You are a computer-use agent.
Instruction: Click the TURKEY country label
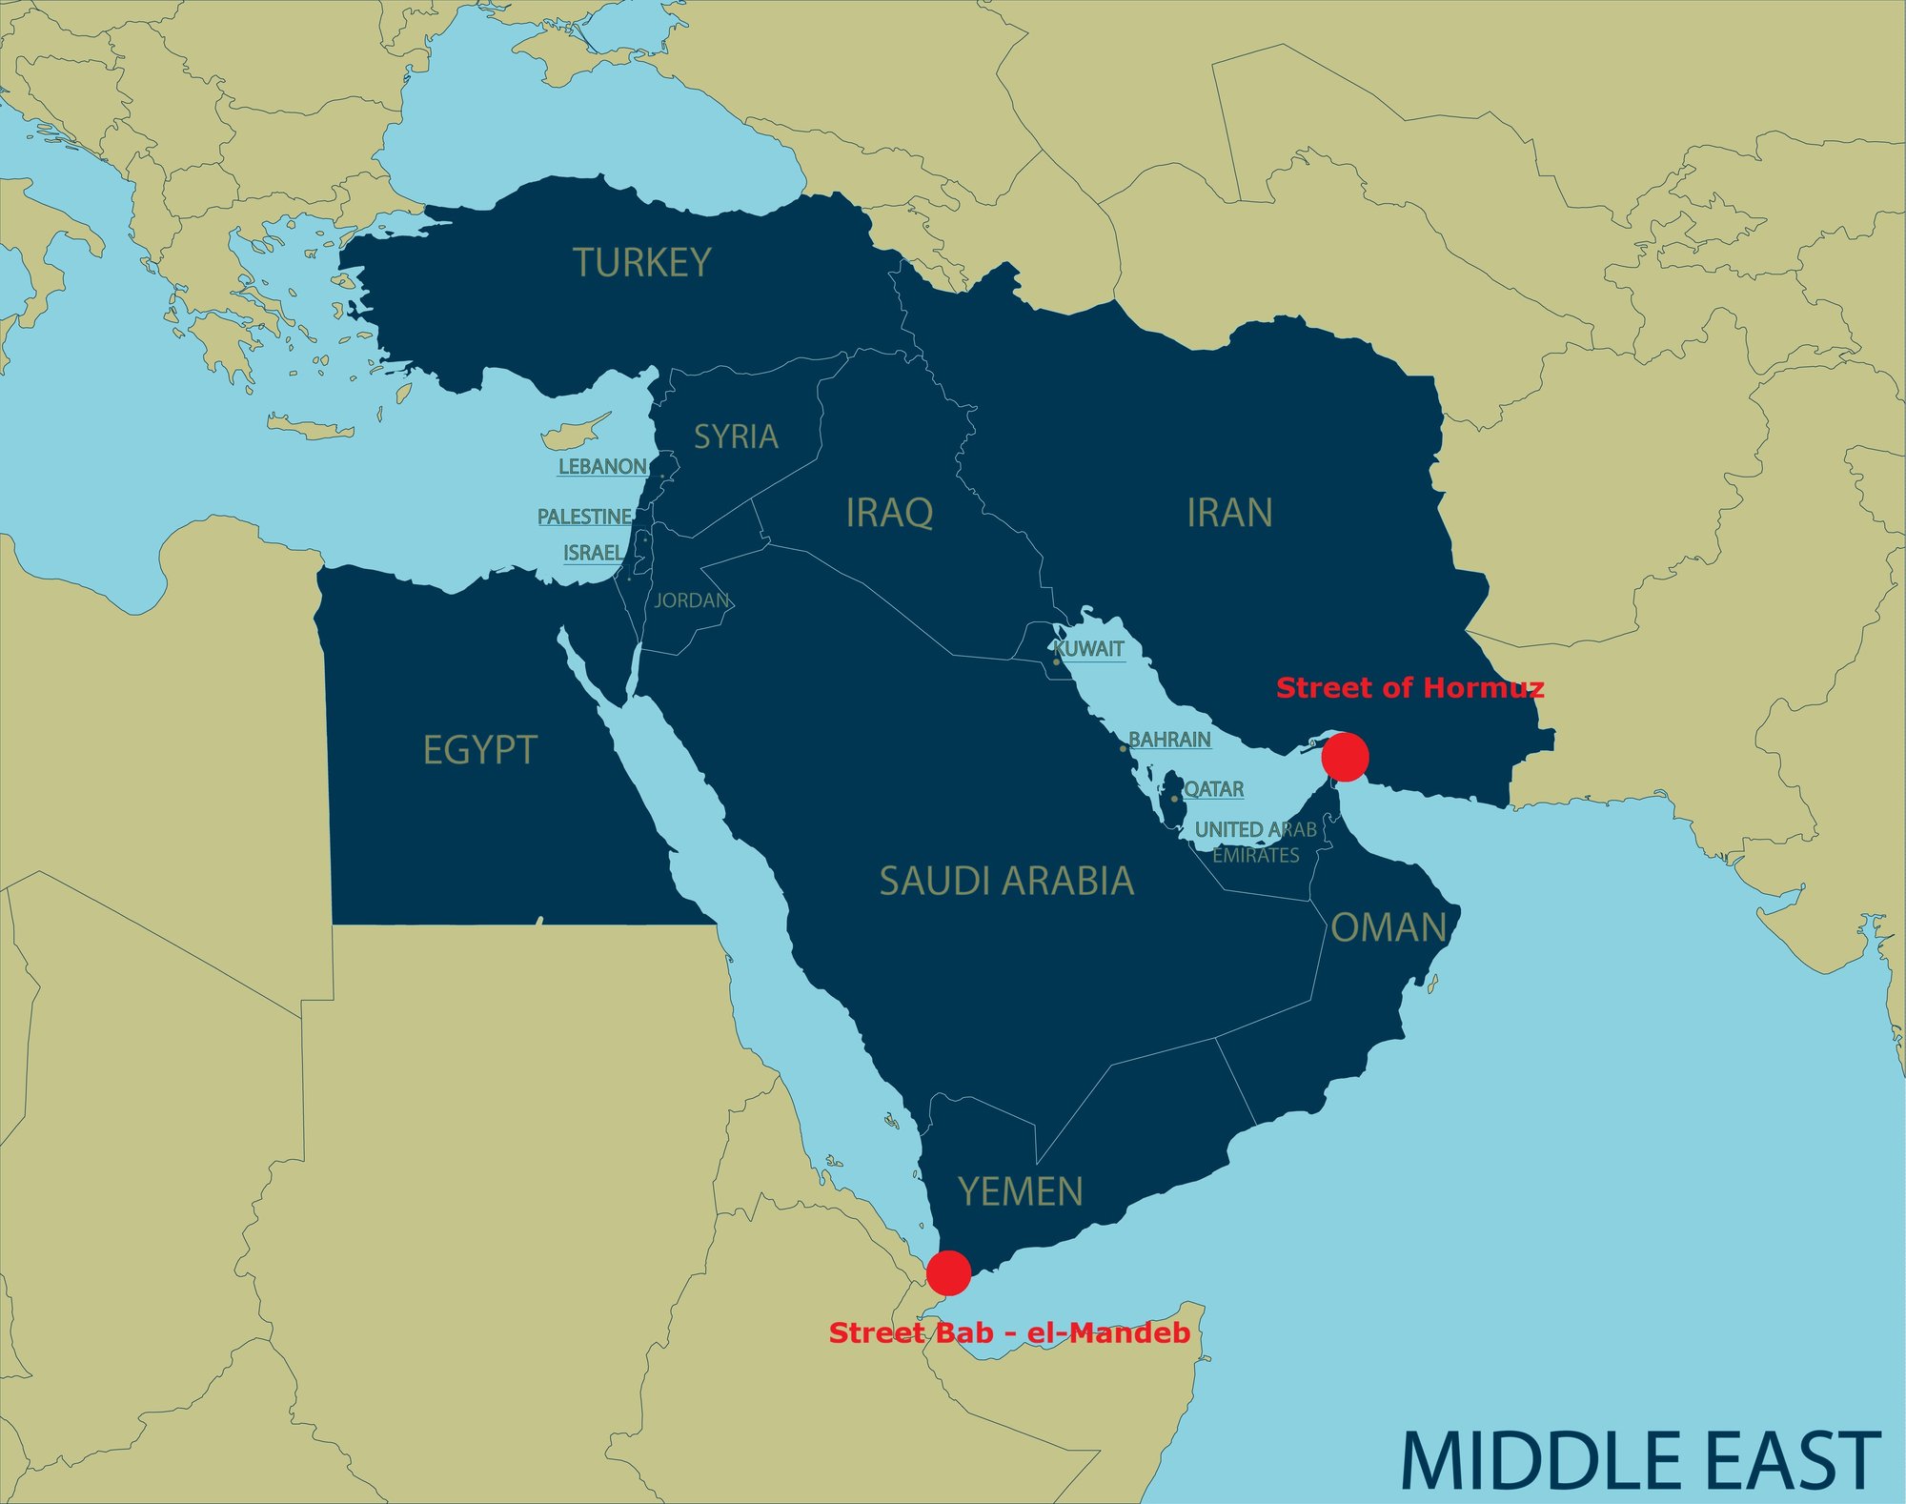(641, 263)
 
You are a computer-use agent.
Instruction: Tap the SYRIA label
(736, 437)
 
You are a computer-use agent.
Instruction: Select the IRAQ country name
(889, 513)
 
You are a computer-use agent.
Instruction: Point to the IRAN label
(1229, 513)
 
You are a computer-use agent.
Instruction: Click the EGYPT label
(479, 750)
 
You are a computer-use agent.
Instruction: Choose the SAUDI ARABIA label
(1006, 882)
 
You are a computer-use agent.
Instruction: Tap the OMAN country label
(1389, 927)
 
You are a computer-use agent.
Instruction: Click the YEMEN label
(1021, 1191)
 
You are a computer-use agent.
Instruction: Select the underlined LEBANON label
(602, 467)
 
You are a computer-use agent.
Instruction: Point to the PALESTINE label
(584, 517)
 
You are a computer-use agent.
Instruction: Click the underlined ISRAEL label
(593, 553)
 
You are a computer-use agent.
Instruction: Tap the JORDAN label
(692, 600)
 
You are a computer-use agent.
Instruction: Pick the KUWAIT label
(1089, 649)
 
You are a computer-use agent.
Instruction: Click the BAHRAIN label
(1169, 740)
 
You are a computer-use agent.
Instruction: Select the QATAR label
(1213, 789)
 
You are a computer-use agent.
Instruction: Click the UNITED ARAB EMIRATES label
(1256, 842)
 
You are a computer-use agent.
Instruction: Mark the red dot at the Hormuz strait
(1346, 757)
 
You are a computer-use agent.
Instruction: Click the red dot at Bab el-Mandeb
(948, 1272)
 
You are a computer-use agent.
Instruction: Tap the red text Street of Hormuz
(1409, 688)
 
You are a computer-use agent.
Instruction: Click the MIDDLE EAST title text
(1639, 1460)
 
